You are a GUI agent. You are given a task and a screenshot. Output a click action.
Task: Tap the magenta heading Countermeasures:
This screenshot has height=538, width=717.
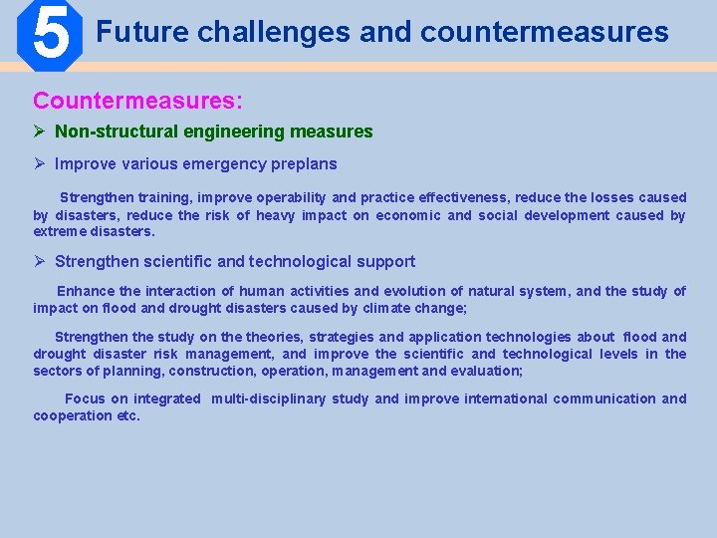(x=138, y=101)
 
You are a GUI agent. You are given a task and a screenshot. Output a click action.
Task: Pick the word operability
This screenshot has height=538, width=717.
(x=292, y=197)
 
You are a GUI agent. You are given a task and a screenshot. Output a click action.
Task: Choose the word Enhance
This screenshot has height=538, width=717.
(x=85, y=291)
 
